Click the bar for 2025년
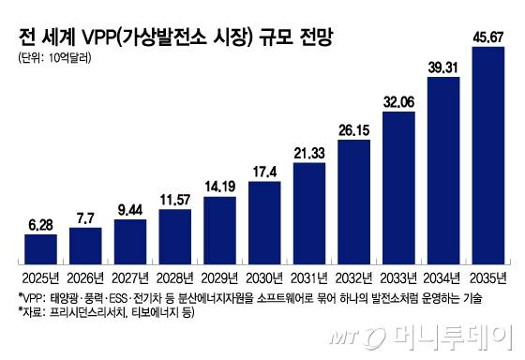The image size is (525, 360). pyautogui.click(x=40, y=247)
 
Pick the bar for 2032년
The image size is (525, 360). pyautogui.click(x=354, y=200)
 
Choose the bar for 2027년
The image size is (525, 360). pyautogui.click(x=130, y=239)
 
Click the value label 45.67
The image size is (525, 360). pyautogui.click(x=488, y=37)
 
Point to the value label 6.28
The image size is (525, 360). pyautogui.click(x=40, y=225)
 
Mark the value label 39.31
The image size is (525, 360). pyautogui.click(x=443, y=67)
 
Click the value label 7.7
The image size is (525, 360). pyautogui.click(x=85, y=217)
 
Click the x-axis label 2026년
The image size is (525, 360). pyautogui.click(x=85, y=277)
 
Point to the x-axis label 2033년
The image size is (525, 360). pyautogui.click(x=398, y=277)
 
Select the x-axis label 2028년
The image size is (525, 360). pyautogui.click(x=175, y=277)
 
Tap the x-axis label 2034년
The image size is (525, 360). pyautogui.click(x=443, y=277)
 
